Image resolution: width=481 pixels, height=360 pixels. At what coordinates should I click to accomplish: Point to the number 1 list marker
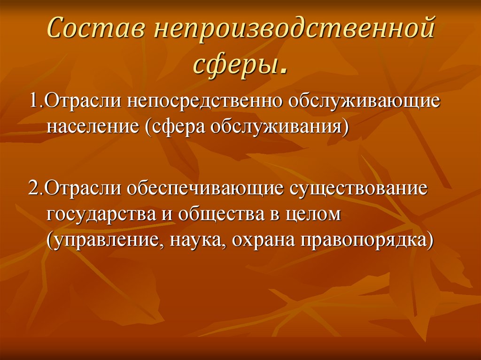tap(34, 102)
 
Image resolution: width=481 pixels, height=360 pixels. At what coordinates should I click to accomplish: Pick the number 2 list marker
tap(34, 188)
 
